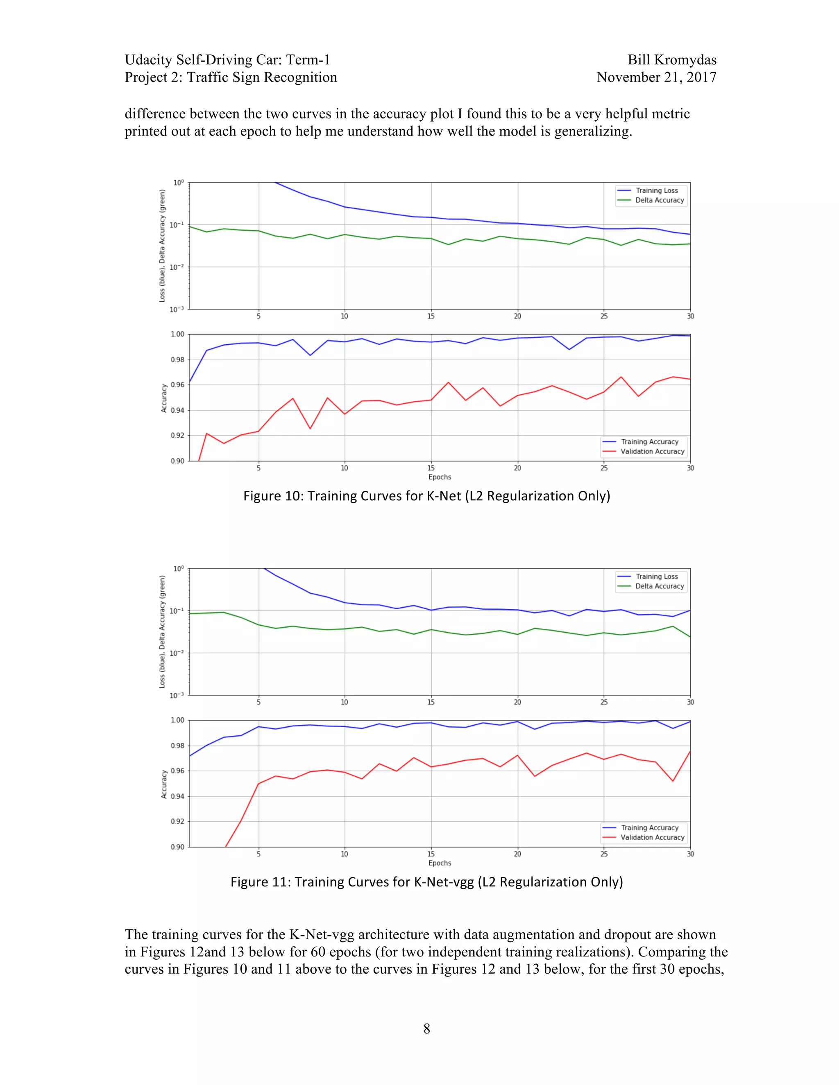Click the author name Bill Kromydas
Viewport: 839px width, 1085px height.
(x=671, y=60)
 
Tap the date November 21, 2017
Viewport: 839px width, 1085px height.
(x=656, y=77)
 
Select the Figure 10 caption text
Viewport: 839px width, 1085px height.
(x=426, y=496)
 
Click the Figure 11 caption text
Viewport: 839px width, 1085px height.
(x=426, y=882)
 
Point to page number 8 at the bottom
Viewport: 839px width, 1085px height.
(x=426, y=1028)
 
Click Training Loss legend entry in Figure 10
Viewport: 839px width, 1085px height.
(x=657, y=191)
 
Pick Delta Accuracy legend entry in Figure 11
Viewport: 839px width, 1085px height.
(x=660, y=586)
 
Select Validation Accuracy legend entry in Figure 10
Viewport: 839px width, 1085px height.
(x=652, y=452)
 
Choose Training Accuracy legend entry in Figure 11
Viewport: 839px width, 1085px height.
(x=650, y=827)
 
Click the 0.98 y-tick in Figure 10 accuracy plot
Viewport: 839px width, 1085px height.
(x=177, y=359)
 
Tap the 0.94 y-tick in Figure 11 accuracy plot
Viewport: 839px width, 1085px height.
(x=177, y=796)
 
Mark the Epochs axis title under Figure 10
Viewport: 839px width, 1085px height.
(x=440, y=477)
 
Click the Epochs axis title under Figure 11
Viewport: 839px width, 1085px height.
(x=440, y=863)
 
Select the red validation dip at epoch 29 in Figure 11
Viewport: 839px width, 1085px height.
(x=673, y=781)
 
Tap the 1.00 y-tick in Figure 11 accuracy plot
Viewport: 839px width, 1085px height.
(x=177, y=720)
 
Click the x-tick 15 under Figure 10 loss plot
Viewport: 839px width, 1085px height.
(x=431, y=316)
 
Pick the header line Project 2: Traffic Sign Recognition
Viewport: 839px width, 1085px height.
(x=231, y=77)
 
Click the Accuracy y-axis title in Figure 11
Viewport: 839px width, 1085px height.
(x=164, y=784)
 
